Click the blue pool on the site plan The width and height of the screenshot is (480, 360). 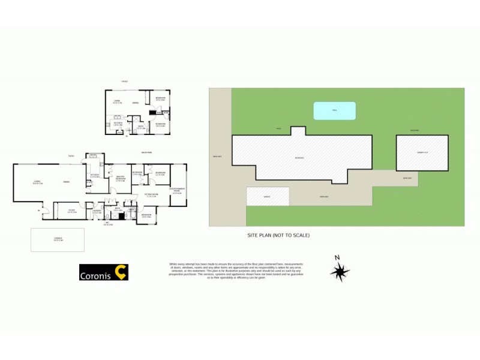tap(334, 110)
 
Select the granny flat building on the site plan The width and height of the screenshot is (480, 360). tap(422, 152)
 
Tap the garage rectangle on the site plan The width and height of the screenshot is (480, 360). tap(268, 197)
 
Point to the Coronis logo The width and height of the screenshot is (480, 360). tap(104, 273)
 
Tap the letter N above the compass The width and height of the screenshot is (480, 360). tap(338, 258)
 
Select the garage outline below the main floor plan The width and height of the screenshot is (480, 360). tap(58, 239)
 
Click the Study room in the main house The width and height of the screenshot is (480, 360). tap(71, 211)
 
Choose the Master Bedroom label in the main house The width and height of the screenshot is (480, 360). tap(121, 178)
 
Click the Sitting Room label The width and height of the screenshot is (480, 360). tap(151, 196)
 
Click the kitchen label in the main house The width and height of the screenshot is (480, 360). tap(94, 176)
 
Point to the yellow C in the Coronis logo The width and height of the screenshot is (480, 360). tap(121, 272)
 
